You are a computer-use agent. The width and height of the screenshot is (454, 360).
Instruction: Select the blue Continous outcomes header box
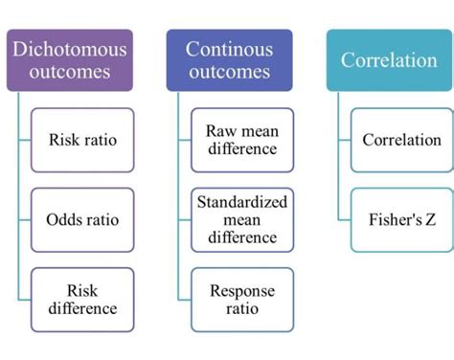(x=229, y=59)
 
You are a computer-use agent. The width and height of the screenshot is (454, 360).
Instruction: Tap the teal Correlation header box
(x=388, y=59)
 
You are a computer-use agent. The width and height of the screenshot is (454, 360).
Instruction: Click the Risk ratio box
(x=83, y=140)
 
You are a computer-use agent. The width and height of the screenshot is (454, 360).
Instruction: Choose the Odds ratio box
(x=83, y=219)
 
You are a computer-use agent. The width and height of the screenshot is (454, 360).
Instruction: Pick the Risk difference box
(x=83, y=299)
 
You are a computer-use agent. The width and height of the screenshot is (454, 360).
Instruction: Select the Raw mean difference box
(x=241, y=140)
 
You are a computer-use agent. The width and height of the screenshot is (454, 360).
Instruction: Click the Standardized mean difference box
(x=241, y=219)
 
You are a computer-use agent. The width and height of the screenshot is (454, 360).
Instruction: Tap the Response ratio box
(x=241, y=299)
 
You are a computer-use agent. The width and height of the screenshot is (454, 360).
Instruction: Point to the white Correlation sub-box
(x=401, y=140)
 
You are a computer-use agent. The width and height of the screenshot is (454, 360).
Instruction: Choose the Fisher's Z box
(x=401, y=219)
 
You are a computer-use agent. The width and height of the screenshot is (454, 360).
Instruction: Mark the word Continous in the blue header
(x=229, y=47)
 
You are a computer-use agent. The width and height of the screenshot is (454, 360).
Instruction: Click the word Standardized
(x=241, y=202)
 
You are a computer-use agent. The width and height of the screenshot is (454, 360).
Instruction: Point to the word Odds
(x=64, y=219)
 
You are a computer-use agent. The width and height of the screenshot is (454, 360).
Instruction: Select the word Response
(x=241, y=290)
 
